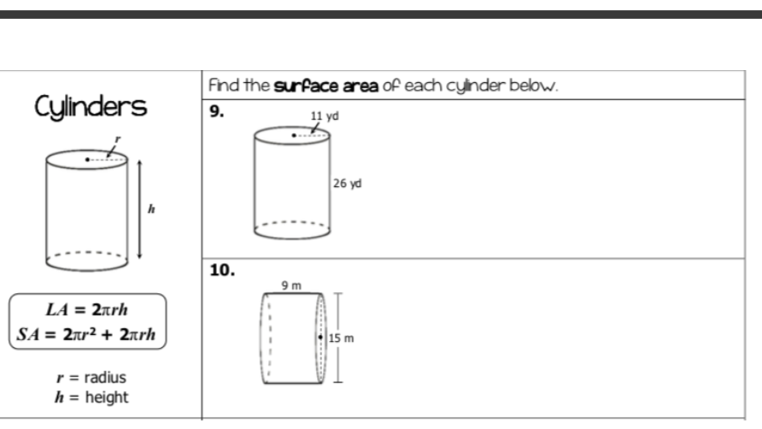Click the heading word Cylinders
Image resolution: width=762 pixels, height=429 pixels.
click(x=90, y=108)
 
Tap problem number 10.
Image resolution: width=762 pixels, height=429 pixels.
click(x=221, y=270)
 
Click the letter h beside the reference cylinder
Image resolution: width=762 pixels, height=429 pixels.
click(x=152, y=208)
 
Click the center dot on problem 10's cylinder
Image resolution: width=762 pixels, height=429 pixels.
click(x=321, y=338)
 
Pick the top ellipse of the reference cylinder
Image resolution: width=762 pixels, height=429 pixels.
click(x=87, y=159)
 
